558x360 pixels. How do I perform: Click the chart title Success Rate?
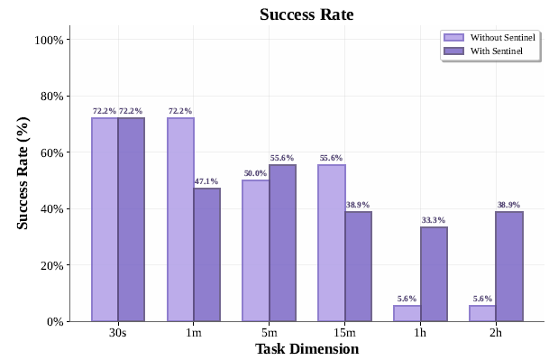306,14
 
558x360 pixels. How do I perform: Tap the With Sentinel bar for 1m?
207,254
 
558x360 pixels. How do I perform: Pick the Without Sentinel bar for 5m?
256,251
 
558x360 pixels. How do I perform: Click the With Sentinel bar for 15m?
358,266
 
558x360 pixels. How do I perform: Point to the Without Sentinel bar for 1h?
407,313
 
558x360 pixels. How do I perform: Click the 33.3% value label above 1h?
433,220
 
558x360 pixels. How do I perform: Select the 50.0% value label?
256,173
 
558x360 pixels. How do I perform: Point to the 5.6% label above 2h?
482,299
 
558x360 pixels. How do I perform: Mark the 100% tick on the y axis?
49,41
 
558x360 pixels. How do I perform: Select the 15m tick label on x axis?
344,333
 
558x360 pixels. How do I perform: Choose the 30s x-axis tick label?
118,333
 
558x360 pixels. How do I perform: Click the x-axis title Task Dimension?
306,349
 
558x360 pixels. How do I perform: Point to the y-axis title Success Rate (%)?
23,172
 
